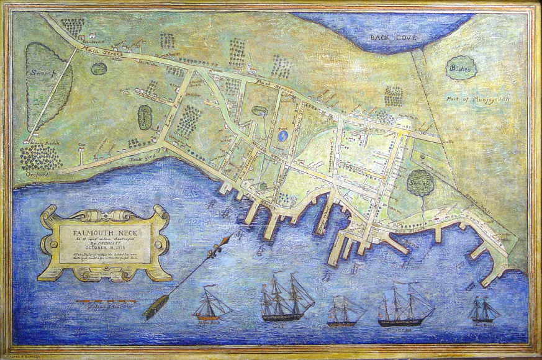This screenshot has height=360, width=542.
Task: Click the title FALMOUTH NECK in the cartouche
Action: (x=104, y=232)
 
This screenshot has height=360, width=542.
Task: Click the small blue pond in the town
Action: (x=282, y=135)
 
